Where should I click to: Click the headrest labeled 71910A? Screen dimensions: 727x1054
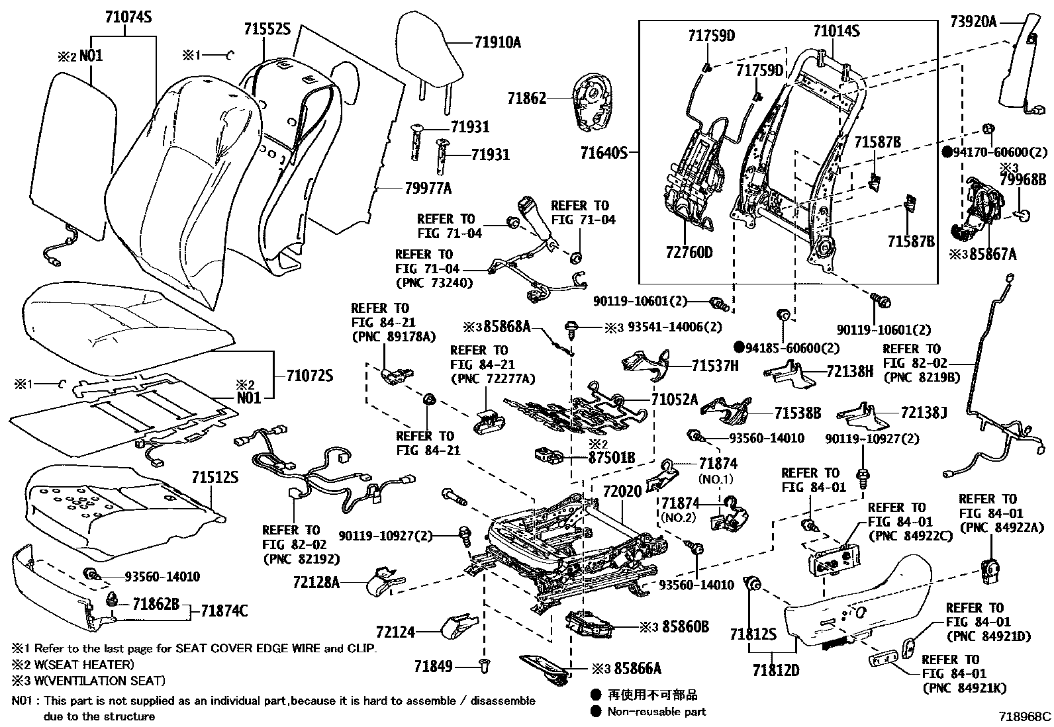pyautogui.click(x=430, y=46)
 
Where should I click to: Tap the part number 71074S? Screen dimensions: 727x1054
pyautogui.click(x=128, y=18)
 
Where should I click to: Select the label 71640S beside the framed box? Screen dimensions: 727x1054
pyautogui.click(x=603, y=153)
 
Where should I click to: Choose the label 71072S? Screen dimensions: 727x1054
pyautogui.click(x=309, y=376)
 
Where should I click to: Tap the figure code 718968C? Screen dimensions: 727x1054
pyautogui.click(x=1025, y=716)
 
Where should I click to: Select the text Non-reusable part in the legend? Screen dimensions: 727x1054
pyautogui.click(x=658, y=712)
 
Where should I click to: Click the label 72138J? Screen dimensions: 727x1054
pyautogui.click(x=923, y=413)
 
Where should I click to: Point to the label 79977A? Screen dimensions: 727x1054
pyautogui.click(x=428, y=189)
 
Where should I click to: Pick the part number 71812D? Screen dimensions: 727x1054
pyautogui.click(x=775, y=671)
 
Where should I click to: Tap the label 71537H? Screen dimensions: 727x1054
pyautogui.click(x=714, y=366)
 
